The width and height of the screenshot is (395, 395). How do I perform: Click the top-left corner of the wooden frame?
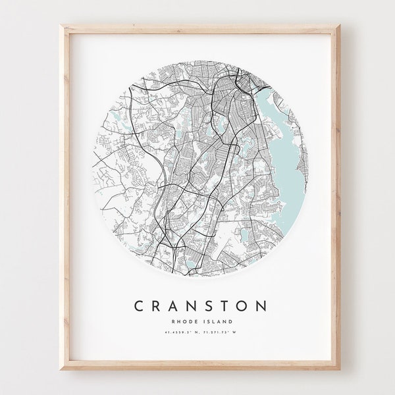[64, 26]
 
